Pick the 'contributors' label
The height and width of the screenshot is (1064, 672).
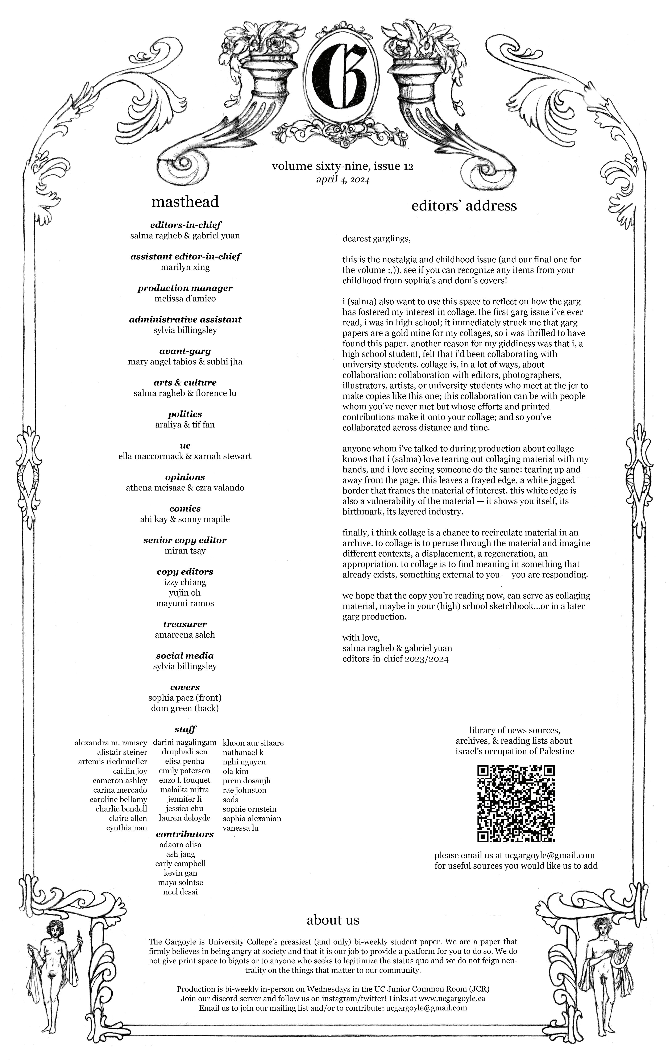[185, 834]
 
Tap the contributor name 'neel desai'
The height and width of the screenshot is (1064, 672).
[180, 892]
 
